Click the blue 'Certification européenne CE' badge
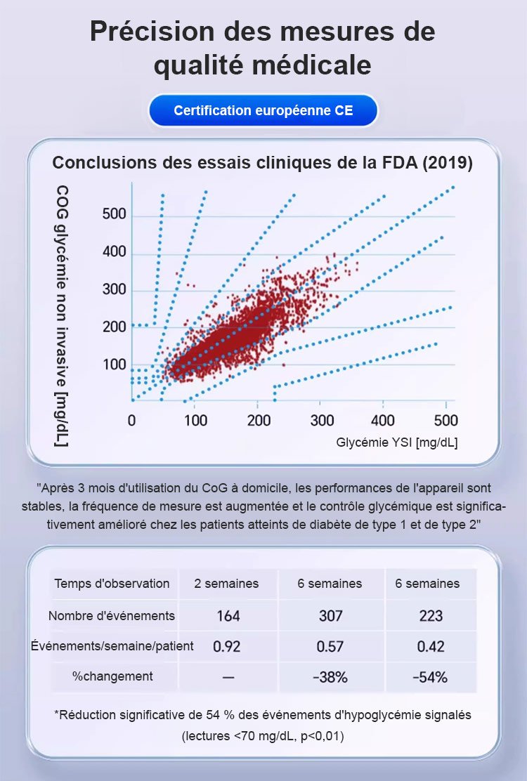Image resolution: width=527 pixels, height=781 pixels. tap(263, 111)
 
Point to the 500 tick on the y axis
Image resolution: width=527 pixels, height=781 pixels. tap(114, 215)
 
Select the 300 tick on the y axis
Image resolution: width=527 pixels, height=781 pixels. tap(114, 289)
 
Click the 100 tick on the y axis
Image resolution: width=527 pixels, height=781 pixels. tap(114, 365)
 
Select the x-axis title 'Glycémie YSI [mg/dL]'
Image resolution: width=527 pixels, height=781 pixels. tap(397, 442)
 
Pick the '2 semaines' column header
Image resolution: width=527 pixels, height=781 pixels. tap(226, 584)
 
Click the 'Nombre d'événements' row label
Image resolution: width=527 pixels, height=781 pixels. tap(112, 616)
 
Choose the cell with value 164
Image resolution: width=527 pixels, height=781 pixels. tap(228, 616)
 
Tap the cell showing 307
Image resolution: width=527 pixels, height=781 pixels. tap(330, 616)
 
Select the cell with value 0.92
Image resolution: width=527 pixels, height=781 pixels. tap(226, 646)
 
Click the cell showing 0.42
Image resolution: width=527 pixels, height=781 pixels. tap(431, 646)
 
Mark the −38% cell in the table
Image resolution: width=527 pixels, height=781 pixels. tap(330, 677)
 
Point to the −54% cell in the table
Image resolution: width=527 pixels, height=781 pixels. tap(431, 677)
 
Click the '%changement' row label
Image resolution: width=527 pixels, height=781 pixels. tap(112, 676)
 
